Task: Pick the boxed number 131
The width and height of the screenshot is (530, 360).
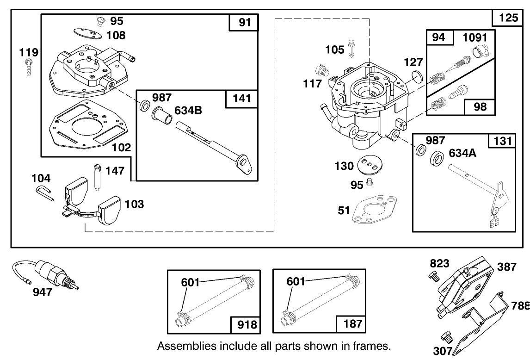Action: click(x=502, y=141)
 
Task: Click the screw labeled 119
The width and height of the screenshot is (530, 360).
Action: click(x=29, y=68)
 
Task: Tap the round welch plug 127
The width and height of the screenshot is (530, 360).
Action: click(x=417, y=76)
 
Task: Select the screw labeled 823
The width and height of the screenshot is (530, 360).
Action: click(x=434, y=276)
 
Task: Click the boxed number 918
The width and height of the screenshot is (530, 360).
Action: click(x=247, y=324)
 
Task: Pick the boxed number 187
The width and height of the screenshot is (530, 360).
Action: click(x=352, y=324)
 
